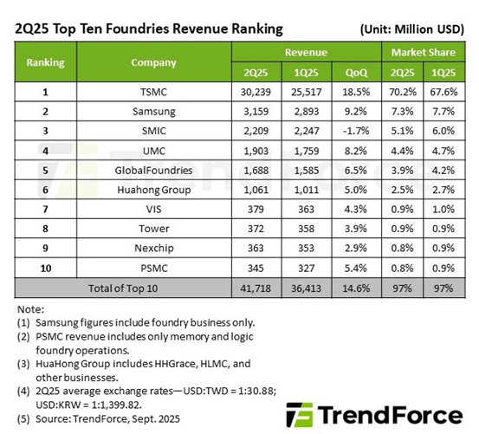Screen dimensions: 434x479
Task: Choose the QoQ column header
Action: coord(355,73)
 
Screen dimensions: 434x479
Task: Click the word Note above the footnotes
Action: coord(31,308)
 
